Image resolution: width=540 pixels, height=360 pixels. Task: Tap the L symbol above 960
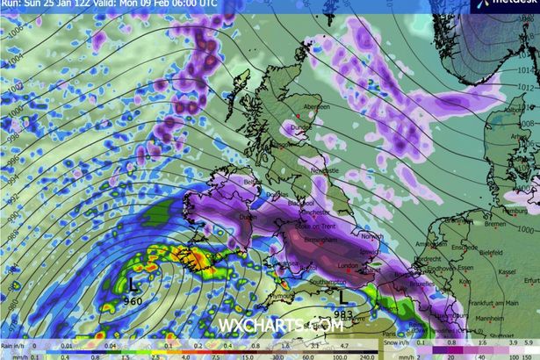133,285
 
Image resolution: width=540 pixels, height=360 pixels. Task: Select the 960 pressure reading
133,300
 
